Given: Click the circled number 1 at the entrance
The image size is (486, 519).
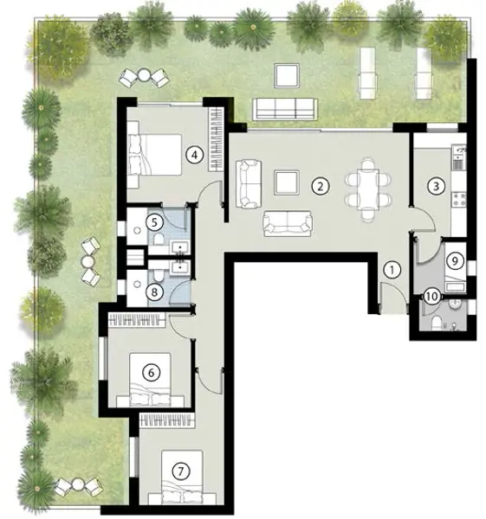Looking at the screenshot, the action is (x=392, y=270).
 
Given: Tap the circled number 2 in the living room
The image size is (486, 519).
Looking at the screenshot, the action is (x=321, y=186).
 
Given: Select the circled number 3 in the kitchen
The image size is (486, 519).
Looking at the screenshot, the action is (x=436, y=186).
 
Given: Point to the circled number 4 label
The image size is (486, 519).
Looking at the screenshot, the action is (x=195, y=155).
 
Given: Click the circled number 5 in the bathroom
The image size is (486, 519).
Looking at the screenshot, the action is (x=154, y=222).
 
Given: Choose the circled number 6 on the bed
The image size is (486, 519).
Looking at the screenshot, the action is (x=151, y=373).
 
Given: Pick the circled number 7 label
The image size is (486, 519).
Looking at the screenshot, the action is (x=181, y=471).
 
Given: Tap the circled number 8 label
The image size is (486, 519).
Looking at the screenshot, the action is (x=154, y=292).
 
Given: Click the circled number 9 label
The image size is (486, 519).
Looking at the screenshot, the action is (x=455, y=261).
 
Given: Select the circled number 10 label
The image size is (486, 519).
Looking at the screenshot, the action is (x=432, y=296).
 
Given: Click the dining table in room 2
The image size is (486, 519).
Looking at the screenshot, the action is (x=368, y=189).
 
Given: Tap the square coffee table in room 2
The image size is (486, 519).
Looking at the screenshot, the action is (x=287, y=183).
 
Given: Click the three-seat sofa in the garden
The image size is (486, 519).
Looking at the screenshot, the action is (x=285, y=109).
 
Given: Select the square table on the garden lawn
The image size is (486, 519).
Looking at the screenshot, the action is (x=287, y=75).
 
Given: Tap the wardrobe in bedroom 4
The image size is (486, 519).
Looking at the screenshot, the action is (x=216, y=139).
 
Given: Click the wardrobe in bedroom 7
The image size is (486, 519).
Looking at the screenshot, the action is (x=167, y=420).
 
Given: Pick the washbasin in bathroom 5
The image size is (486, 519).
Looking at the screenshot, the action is (x=180, y=247).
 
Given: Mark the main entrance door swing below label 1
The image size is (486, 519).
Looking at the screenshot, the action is (x=394, y=298).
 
